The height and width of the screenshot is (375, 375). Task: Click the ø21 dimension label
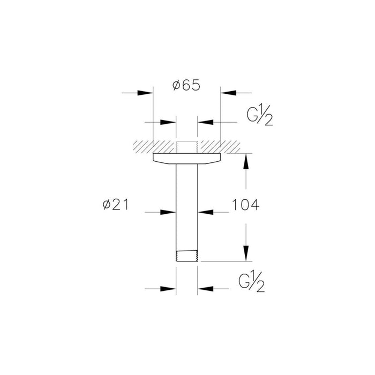116,205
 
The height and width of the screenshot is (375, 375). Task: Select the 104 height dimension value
245,205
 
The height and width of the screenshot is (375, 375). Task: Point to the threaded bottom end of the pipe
187,256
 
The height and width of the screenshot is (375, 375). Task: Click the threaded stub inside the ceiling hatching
187,146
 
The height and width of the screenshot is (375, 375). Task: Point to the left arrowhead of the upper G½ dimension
170,122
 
